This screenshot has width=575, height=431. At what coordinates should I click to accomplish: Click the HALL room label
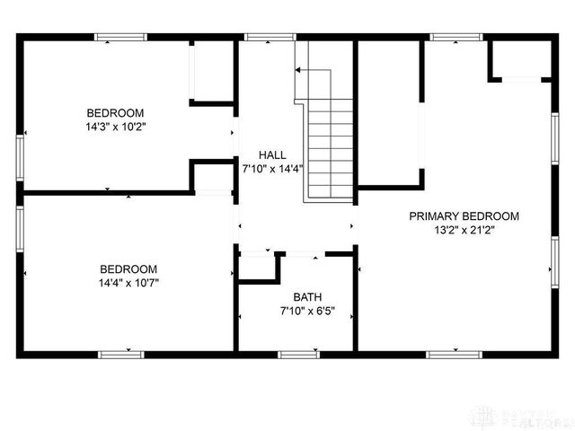pos(273,154)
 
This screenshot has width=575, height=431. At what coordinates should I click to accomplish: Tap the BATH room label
pos(308,297)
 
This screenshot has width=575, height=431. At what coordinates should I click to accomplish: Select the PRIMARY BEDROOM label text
pos(464,216)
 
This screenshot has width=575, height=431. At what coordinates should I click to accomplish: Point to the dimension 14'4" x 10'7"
pos(128,283)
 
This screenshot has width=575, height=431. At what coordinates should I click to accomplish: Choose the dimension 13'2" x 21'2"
pos(464,230)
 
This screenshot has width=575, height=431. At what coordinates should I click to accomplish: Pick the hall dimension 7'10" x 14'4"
pos(273,168)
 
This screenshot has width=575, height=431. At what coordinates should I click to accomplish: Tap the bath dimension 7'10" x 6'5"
pos(308,312)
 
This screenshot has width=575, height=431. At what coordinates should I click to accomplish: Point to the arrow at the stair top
pos(302,71)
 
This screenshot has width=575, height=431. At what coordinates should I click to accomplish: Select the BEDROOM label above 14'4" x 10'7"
pos(128,268)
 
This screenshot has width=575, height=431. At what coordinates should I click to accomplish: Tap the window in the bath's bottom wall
pos(299,355)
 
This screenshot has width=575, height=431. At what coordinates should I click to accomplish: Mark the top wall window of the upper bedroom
pos(121,37)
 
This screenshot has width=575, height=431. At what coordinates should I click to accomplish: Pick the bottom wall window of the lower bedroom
pos(121,355)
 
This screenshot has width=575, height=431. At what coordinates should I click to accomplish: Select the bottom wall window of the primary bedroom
pos(451,355)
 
